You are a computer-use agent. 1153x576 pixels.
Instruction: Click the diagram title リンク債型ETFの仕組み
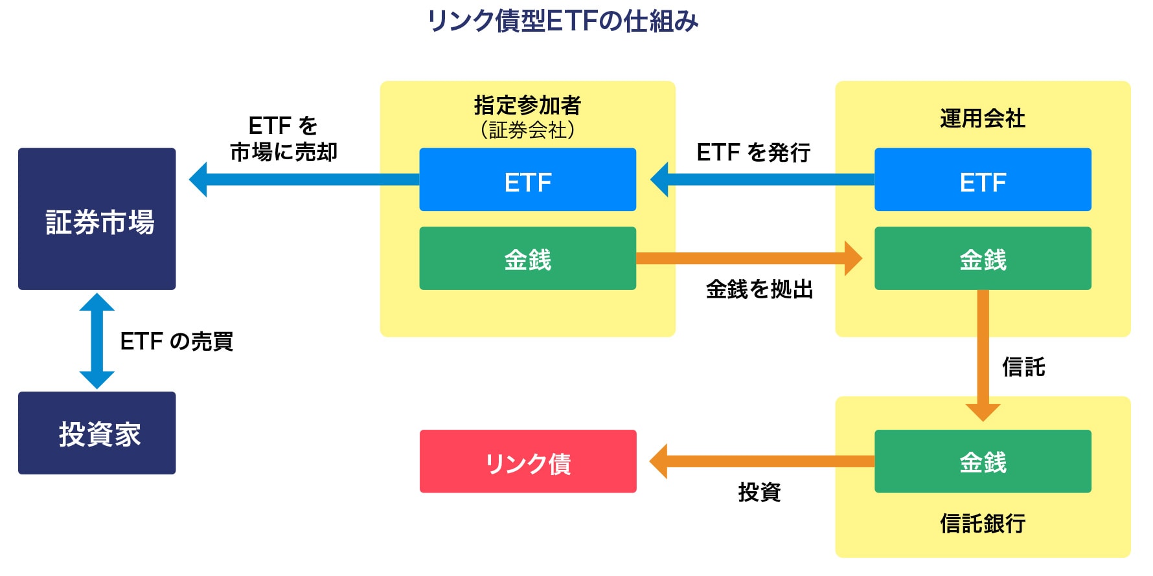tap(562, 21)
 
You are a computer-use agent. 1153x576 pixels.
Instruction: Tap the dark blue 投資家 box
tap(97, 433)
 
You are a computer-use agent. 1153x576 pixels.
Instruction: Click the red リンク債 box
tap(528, 461)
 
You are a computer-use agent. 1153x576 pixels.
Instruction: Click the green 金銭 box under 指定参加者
tap(527, 258)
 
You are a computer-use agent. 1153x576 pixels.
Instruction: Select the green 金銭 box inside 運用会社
tap(983, 258)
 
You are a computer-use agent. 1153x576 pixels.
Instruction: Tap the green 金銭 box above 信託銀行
tap(983, 461)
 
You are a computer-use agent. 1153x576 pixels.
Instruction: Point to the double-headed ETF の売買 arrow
tap(97, 341)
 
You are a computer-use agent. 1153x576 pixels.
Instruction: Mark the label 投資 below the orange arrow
tap(759, 493)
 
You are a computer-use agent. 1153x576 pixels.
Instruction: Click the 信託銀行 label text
tap(983, 523)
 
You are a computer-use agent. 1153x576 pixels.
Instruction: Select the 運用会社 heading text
tap(983, 118)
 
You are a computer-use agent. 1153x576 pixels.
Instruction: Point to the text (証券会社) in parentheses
tap(527, 131)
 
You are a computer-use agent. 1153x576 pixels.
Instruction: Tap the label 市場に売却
tap(284, 152)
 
